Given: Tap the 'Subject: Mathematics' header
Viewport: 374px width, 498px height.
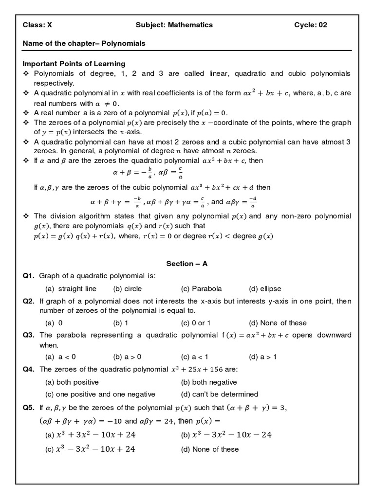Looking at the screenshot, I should (x=174, y=25).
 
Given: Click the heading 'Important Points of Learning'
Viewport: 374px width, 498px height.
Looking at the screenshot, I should (x=74, y=64).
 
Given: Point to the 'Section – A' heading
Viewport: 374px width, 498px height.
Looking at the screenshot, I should (x=187, y=264).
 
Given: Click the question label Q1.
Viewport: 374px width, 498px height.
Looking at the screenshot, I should (x=28, y=276).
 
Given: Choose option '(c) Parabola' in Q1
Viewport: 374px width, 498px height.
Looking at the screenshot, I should (x=201, y=289).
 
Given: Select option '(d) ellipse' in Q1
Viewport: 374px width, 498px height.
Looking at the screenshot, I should (x=265, y=289).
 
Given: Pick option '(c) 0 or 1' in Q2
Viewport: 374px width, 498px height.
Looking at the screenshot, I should (x=196, y=323).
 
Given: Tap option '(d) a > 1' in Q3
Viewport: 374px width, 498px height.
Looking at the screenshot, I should (x=262, y=356).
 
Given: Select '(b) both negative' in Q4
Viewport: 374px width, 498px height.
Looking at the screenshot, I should (x=209, y=382).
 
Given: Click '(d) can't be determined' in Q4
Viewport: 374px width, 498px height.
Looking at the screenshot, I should (x=219, y=394).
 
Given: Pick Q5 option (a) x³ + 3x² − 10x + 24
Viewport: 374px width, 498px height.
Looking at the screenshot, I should (x=90, y=435).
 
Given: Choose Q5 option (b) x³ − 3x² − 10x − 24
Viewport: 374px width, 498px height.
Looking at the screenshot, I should (x=226, y=435).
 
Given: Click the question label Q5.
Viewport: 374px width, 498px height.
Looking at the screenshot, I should (x=28, y=408).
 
